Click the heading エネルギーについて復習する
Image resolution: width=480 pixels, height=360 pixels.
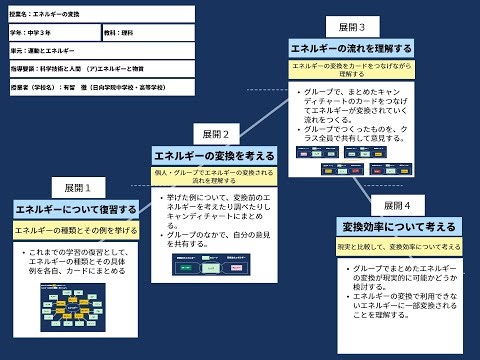[x=77, y=209]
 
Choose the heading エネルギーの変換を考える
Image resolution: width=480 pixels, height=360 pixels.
[x=215, y=156]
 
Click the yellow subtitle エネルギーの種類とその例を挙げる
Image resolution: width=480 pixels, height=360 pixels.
[x=77, y=229]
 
